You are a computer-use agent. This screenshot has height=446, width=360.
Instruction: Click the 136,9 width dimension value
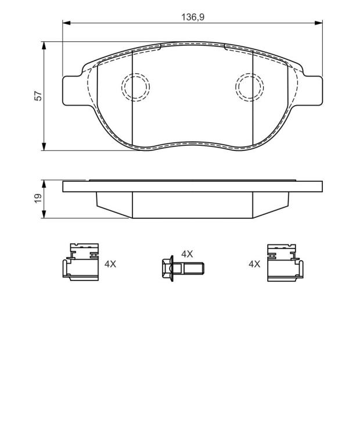[x=193, y=17]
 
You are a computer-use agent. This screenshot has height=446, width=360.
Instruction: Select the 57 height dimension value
[x=38, y=96]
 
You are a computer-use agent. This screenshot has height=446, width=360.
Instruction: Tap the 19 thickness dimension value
[x=38, y=198]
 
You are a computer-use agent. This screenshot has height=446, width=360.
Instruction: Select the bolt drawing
[x=182, y=268]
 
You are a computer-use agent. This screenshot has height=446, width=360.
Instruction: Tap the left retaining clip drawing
[x=81, y=262]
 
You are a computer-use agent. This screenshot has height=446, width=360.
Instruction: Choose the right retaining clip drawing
[x=285, y=262]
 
